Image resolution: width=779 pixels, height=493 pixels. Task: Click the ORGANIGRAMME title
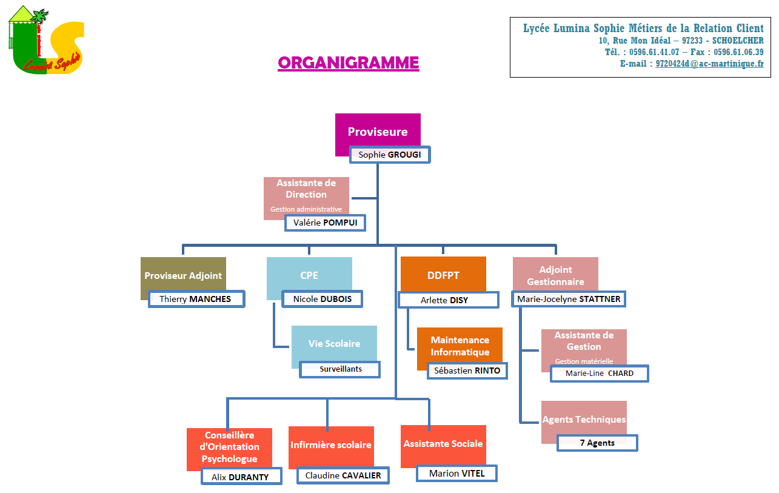coord(348,63)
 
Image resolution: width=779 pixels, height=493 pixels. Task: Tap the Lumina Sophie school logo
coord(46,40)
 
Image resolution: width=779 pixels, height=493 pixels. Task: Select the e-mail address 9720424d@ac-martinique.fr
coord(709,64)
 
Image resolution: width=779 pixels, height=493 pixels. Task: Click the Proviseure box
coord(378,131)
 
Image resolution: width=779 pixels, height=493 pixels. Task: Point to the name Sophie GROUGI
coord(390,155)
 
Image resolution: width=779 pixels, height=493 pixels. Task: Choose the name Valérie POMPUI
coord(325,223)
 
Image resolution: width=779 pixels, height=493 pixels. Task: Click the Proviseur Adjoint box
coord(183,275)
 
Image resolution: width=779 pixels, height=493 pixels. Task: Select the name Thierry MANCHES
coord(196,299)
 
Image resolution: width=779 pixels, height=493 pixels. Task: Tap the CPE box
coord(309,275)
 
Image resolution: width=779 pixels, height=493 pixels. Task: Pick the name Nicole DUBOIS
coord(322,299)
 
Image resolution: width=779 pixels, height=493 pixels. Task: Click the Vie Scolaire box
coord(334,343)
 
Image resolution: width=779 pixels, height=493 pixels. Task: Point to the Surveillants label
coord(340,369)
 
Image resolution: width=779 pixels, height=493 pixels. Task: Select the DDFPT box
coord(443,275)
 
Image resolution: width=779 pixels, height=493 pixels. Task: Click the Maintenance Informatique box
coord(460,346)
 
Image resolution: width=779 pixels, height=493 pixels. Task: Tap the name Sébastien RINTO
coord(467,371)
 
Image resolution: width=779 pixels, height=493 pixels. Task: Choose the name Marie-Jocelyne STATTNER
coord(569,299)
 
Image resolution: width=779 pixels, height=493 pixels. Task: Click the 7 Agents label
coord(597,443)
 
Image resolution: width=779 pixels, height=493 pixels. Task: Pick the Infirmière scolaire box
coord(331,445)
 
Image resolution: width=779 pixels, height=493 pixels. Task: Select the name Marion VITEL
coord(456,474)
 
